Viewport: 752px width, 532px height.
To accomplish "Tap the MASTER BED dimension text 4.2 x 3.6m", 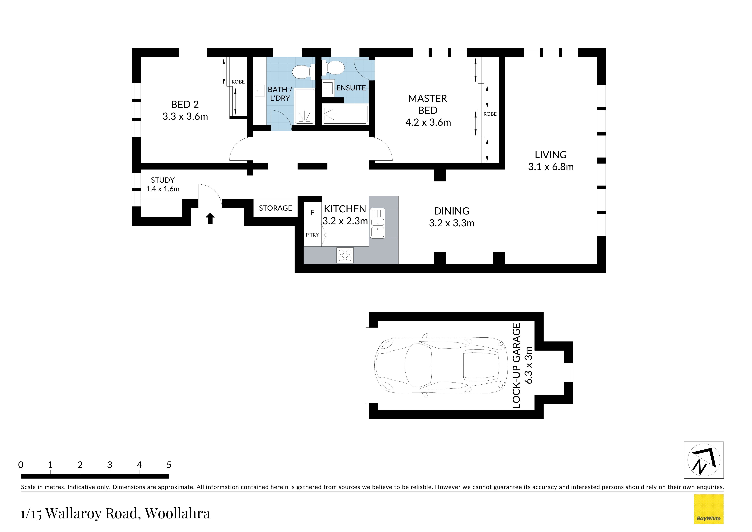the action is [428, 123].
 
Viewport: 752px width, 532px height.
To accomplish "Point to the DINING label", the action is [452, 211].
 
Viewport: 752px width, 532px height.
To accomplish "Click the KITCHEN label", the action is [345, 209].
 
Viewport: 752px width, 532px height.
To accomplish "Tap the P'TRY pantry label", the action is [312, 235].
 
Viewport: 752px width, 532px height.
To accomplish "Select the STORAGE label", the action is [276, 208].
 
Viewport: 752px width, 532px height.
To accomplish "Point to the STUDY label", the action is [163, 180].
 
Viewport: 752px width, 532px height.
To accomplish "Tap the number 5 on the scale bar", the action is [169, 465].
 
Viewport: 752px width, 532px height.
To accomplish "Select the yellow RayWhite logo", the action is [709, 509].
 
